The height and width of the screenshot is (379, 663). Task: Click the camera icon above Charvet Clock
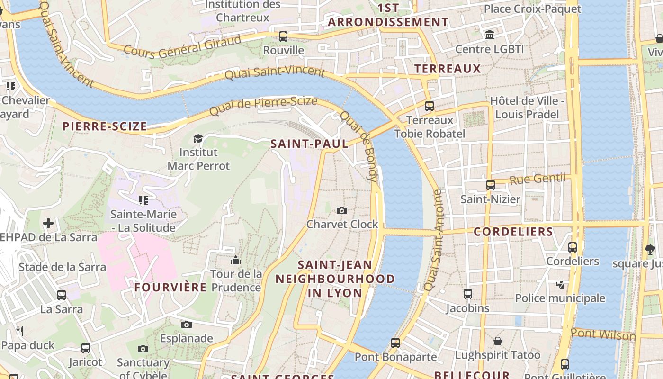[341, 210]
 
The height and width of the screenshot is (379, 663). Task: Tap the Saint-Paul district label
[309, 144]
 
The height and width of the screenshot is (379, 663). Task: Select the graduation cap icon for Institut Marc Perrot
[198, 138]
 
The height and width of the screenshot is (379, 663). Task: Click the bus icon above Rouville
[283, 36]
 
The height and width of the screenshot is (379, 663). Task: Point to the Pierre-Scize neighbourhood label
[105, 126]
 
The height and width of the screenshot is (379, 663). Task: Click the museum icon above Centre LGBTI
[490, 35]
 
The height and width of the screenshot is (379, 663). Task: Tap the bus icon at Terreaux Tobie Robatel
[430, 106]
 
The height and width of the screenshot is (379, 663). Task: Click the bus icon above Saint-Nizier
[491, 185]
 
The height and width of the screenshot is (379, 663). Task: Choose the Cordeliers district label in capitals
[513, 232]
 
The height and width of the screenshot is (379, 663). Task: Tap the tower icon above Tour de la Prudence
[235, 260]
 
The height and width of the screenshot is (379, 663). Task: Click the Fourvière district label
[170, 288]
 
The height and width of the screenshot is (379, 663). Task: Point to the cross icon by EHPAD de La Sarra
[48, 223]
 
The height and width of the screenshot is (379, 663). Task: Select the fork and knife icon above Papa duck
[20, 331]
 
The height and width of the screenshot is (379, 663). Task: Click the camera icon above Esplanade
[187, 325]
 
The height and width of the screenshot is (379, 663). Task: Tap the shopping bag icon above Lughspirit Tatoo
[498, 341]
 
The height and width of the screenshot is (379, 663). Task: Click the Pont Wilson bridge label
[602, 334]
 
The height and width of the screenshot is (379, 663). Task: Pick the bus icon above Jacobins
[468, 294]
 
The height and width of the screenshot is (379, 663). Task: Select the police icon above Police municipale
[560, 284]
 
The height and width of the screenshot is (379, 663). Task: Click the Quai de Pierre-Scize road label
[263, 105]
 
